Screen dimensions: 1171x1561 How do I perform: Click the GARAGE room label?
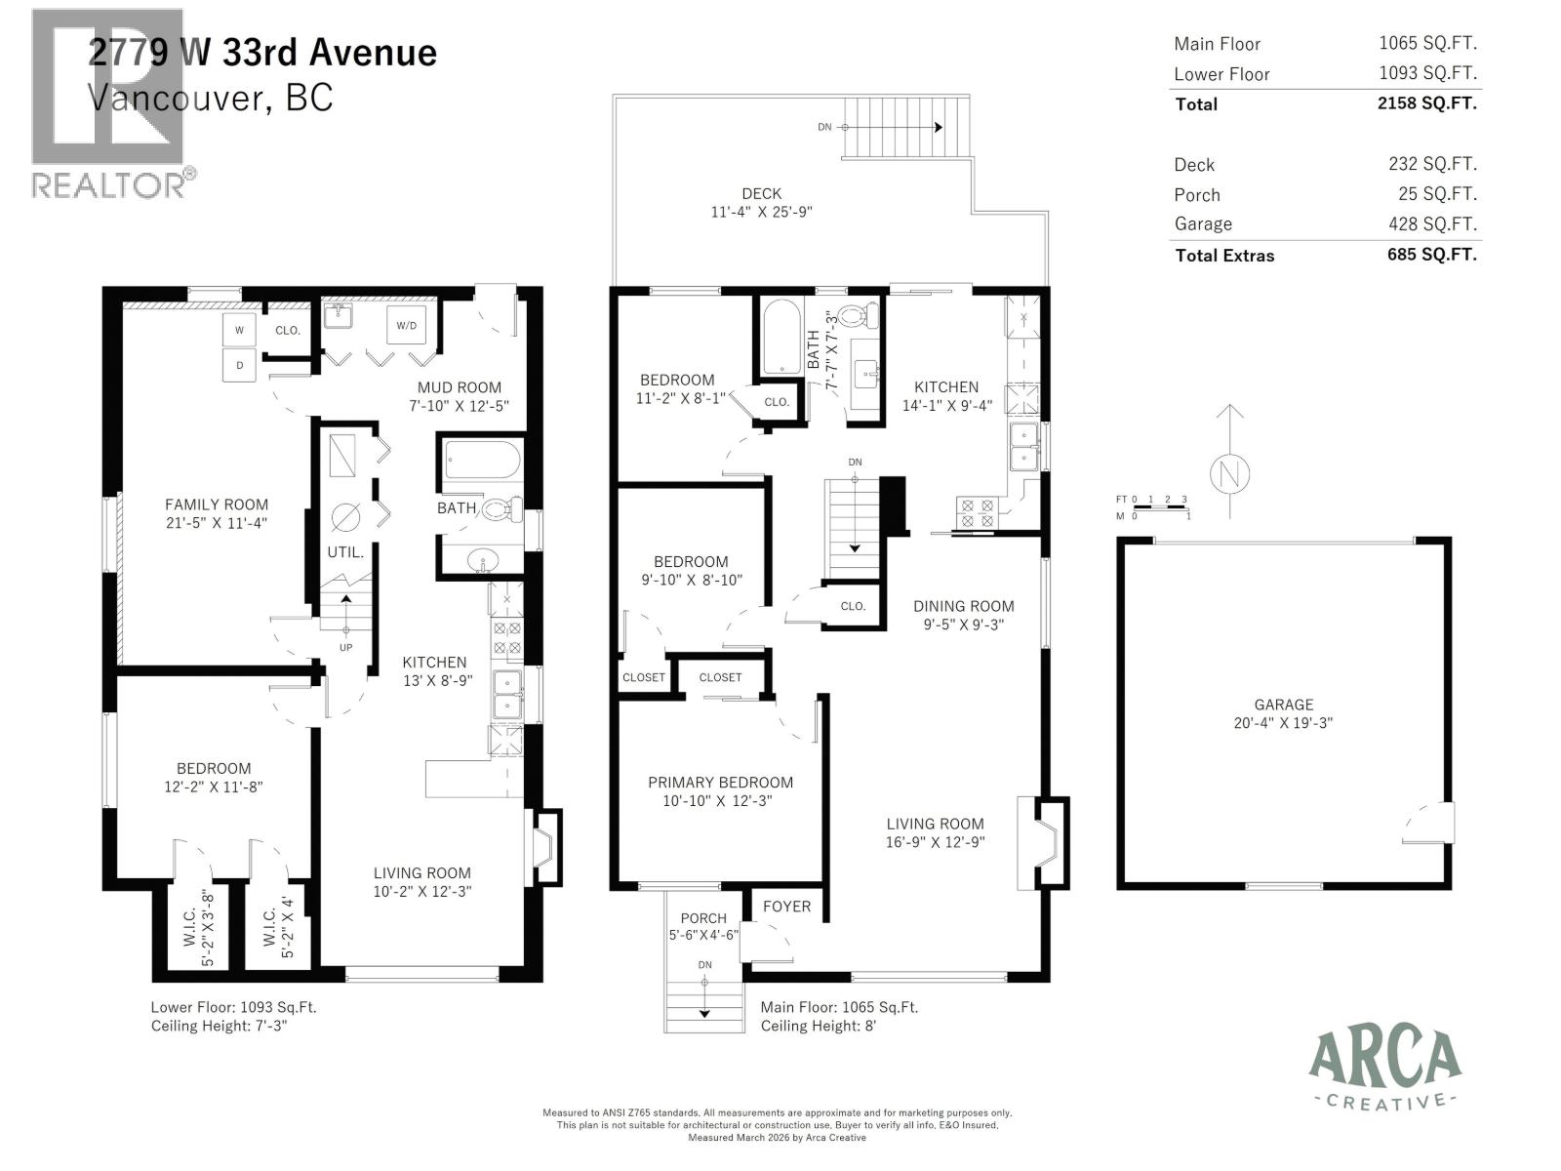(1283, 705)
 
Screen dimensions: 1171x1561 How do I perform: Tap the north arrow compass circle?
(1230, 475)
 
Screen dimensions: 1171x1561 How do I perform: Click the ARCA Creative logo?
(1384, 1069)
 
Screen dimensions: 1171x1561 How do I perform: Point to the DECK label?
(761, 194)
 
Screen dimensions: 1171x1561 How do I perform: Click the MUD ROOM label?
(460, 387)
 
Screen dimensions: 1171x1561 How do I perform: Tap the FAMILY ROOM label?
(216, 505)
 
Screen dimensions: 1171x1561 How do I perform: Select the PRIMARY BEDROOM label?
(720, 783)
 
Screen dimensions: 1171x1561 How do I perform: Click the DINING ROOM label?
(963, 606)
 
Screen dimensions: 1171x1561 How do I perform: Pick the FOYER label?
(786, 907)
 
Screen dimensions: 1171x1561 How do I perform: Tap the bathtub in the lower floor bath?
(482, 460)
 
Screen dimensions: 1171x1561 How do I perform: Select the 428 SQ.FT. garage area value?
(1432, 223)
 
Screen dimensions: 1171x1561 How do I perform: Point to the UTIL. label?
(345, 552)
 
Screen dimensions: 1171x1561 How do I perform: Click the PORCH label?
(703, 918)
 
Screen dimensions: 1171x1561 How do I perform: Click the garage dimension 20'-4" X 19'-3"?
(1283, 723)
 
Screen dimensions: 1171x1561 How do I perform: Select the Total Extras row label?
(1224, 256)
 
